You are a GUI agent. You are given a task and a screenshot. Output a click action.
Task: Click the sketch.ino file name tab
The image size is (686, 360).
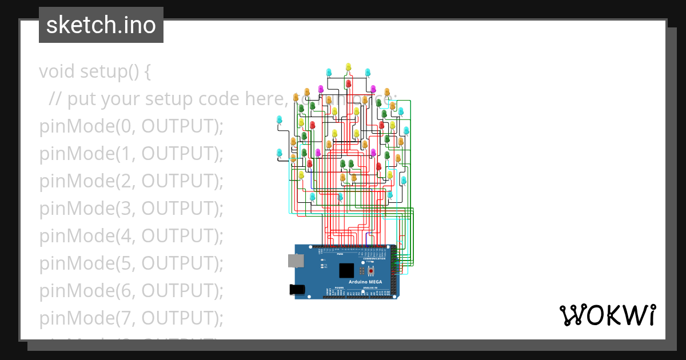pyautogui.click(x=101, y=25)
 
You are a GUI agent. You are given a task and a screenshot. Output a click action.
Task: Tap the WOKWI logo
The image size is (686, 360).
pyautogui.click(x=607, y=315)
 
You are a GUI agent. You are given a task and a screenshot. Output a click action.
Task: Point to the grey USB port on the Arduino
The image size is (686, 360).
pyautogui.click(x=296, y=261)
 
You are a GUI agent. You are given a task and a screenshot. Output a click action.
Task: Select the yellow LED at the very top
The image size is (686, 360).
pyautogui.click(x=348, y=67)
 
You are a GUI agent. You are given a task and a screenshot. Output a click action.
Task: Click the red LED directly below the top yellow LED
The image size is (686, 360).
pyautogui.click(x=348, y=84)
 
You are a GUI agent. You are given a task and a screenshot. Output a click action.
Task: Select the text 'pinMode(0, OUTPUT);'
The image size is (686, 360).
pyautogui.click(x=131, y=126)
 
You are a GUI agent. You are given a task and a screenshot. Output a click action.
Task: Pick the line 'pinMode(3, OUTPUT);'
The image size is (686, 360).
pyautogui.click(x=131, y=209)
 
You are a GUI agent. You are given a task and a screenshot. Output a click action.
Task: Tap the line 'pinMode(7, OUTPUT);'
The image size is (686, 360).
pyautogui.click(x=131, y=318)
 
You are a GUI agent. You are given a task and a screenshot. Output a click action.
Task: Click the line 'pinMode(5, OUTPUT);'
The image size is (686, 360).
pyautogui.click(x=131, y=263)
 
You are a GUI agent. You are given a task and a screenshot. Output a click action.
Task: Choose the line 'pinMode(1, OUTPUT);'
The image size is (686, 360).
pyautogui.click(x=131, y=154)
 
